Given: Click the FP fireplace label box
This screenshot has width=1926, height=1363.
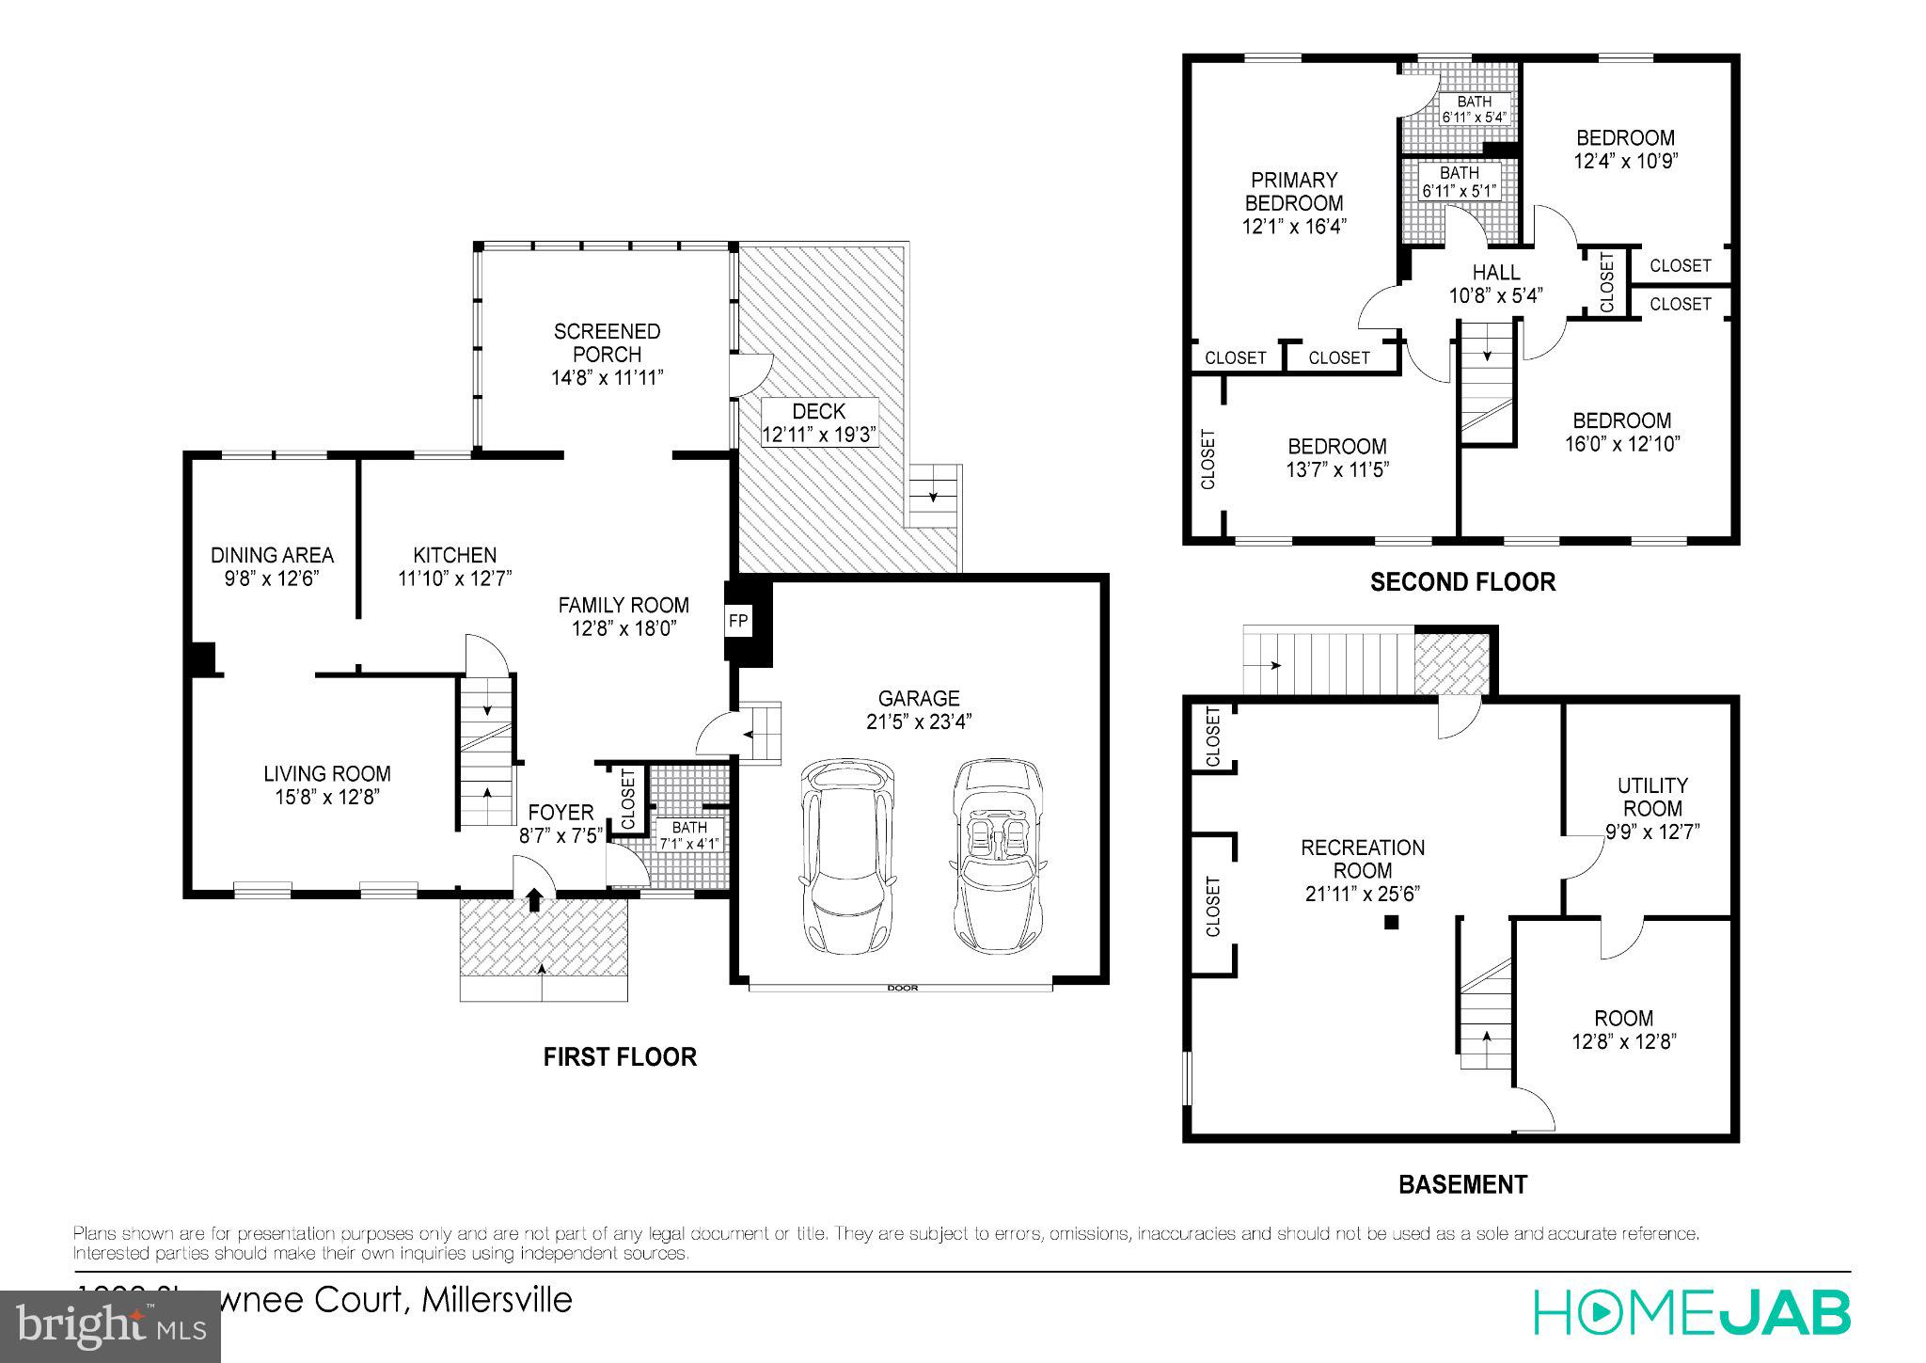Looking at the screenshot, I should point(738,622).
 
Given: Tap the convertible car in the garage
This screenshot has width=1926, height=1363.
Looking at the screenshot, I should point(998,856).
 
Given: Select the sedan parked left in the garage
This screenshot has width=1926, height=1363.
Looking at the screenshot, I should point(846,856).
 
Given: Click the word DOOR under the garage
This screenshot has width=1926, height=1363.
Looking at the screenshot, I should point(902,988).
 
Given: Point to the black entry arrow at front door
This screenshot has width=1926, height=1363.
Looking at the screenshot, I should point(534,900).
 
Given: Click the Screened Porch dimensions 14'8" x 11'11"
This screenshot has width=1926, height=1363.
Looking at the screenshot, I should point(608,378).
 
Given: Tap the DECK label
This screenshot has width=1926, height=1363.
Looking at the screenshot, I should point(818,411).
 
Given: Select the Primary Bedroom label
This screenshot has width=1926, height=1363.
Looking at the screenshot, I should point(1294,191).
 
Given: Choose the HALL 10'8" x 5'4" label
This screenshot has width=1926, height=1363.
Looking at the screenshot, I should point(1495,284).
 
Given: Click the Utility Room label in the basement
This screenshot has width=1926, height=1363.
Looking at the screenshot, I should point(1652,797).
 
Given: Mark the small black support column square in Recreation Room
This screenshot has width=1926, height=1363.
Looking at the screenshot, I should point(1392,923).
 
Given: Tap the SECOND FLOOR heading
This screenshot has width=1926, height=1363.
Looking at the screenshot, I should point(1462,582).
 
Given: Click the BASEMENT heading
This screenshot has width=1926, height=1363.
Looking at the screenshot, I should point(1462,1184).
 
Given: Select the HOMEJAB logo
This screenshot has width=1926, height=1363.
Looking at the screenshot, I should point(1692,1312).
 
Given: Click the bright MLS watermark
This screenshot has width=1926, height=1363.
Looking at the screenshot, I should point(111,1327).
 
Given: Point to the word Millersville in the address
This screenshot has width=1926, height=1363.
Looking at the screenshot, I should point(497,1300).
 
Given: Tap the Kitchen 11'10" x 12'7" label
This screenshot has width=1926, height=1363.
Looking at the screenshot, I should point(454,566).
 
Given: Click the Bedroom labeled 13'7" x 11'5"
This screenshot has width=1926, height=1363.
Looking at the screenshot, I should point(1336,457).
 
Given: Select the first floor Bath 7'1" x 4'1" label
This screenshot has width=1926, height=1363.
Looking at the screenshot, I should point(689,835).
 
